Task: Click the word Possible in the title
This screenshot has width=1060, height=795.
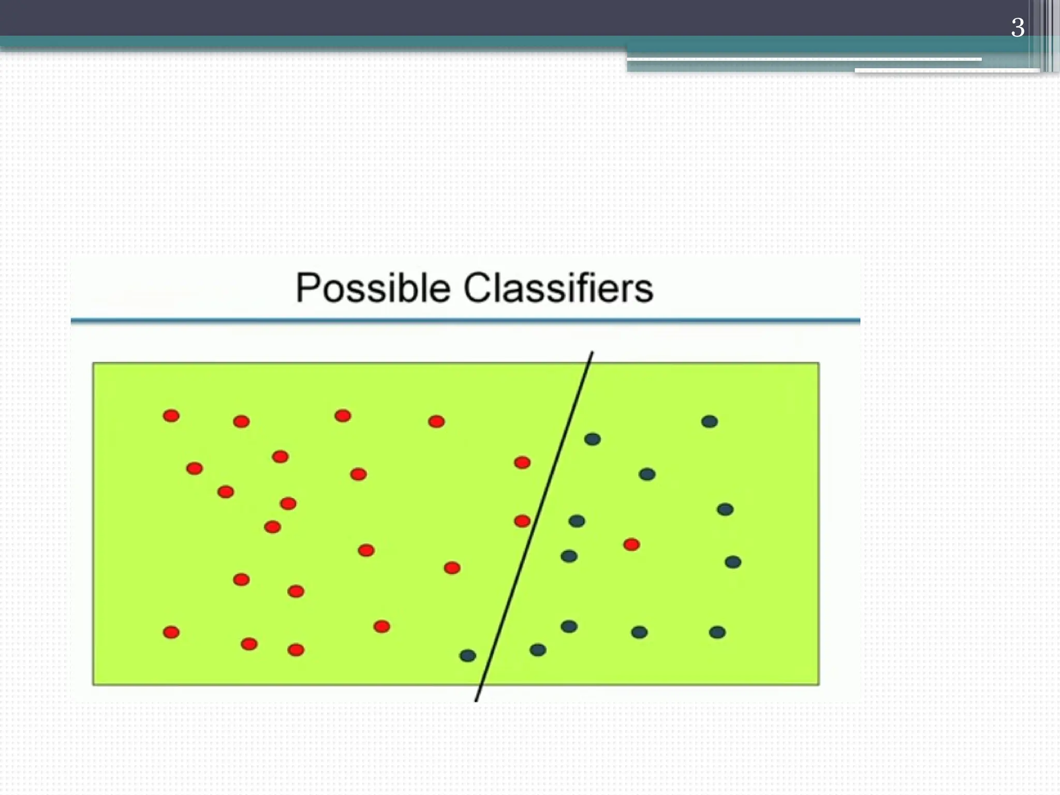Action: click(x=373, y=288)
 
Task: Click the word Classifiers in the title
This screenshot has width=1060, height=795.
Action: click(x=558, y=288)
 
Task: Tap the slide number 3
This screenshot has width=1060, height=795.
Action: click(x=1017, y=28)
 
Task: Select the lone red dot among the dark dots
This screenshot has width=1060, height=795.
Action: click(x=631, y=544)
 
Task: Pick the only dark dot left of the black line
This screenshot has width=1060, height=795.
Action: click(x=467, y=656)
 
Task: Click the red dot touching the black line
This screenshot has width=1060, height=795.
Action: click(x=522, y=521)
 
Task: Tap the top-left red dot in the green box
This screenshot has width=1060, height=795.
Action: click(x=171, y=416)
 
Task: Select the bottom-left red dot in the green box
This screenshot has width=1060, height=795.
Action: click(x=171, y=632)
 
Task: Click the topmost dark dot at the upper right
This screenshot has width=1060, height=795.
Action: click(x=709, y=421)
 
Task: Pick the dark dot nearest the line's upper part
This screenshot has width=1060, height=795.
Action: click(x=592, y=439)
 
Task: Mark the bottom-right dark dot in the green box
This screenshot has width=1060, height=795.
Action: click(x=717, y=632)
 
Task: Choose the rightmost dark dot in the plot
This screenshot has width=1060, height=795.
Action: click(x=733, y=562)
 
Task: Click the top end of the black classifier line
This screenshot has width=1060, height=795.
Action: click(x=592, y=353)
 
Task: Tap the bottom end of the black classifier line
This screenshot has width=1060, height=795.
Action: click(x=476, y=701)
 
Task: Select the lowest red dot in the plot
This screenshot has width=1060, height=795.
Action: click(x=296, y=650)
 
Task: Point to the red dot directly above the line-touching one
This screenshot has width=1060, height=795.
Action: click(x=522, y=462)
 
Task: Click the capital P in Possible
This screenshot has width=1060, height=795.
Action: click(x=306, y=288)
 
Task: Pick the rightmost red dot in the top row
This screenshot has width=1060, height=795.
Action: click(x=436, y=421)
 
